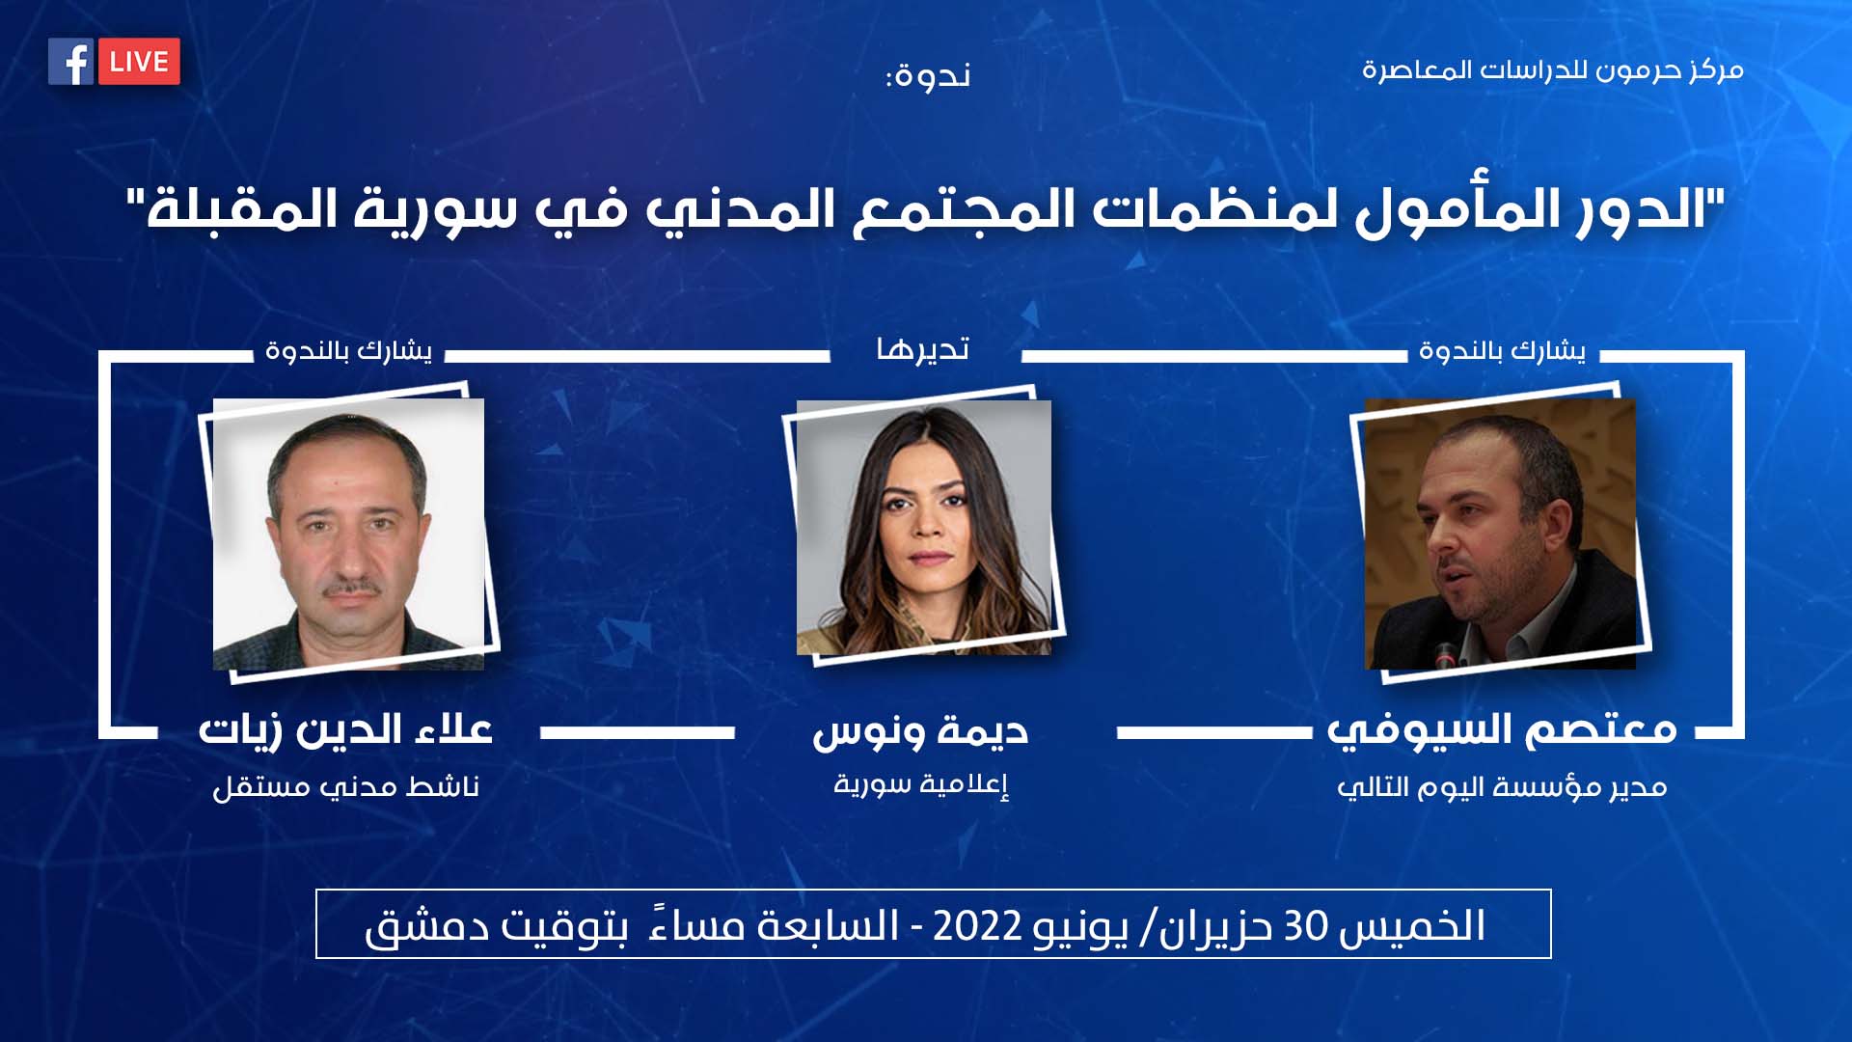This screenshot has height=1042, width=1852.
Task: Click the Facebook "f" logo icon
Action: pyautogui.click(x=70, y=62)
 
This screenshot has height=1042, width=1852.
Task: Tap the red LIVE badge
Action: pyautogui.click(x=139, y=62)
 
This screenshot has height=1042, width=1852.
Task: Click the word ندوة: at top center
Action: pyautogui.click(x=928, y=75)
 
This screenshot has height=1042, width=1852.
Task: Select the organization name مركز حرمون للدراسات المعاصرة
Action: pyautogui.click(x=1552, y=70)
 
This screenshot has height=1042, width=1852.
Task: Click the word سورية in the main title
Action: pyautogui.click(x=434, y=209)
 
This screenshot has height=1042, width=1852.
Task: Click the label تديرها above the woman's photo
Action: pyautogui.click(x=922, y=348)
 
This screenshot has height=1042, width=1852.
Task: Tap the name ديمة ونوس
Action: pyautogui.click(x=920, y=731)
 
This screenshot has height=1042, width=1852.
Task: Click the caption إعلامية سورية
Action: pyautogui.click(x=921, y=783)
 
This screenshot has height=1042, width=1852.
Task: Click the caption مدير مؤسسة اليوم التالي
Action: pyautogui.click(x=1502, y=787)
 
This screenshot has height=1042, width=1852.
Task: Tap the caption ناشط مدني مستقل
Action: pyautogui.click(x=345, y=787)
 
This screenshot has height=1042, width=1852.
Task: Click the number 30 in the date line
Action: pyautogui.click(x=1305, y=926)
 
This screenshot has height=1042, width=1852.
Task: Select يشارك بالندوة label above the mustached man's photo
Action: pyautogui.click(x=348, y=350)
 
